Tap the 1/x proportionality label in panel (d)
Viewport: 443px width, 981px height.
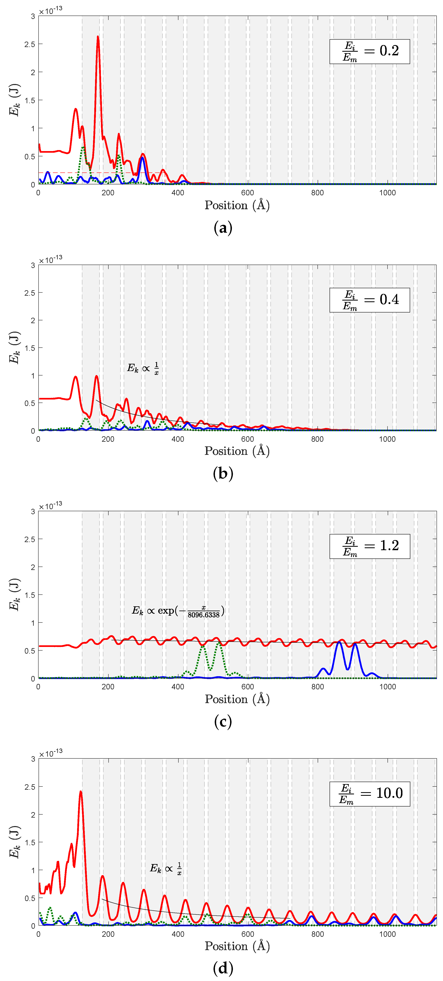coord(165,869)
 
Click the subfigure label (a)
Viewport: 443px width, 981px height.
coord(223,228)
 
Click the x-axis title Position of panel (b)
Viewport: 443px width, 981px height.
coord(237,451)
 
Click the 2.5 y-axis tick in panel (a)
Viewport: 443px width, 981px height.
coord(30,44)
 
